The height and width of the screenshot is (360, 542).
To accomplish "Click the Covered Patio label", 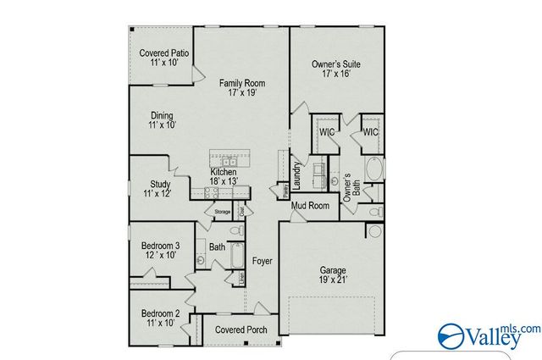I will coord(163,58).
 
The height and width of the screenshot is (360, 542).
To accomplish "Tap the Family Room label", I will coord(243,87).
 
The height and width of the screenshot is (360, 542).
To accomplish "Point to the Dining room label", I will coord(163,119).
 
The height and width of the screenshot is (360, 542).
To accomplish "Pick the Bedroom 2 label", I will coord(158,318).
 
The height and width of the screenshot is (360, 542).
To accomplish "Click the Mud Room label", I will coord(310,205).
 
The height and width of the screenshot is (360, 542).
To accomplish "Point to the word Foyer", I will coord(263,263).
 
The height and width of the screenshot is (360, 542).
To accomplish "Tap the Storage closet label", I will coord(222,211).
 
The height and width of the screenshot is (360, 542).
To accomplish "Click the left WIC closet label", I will coord(326,133).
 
